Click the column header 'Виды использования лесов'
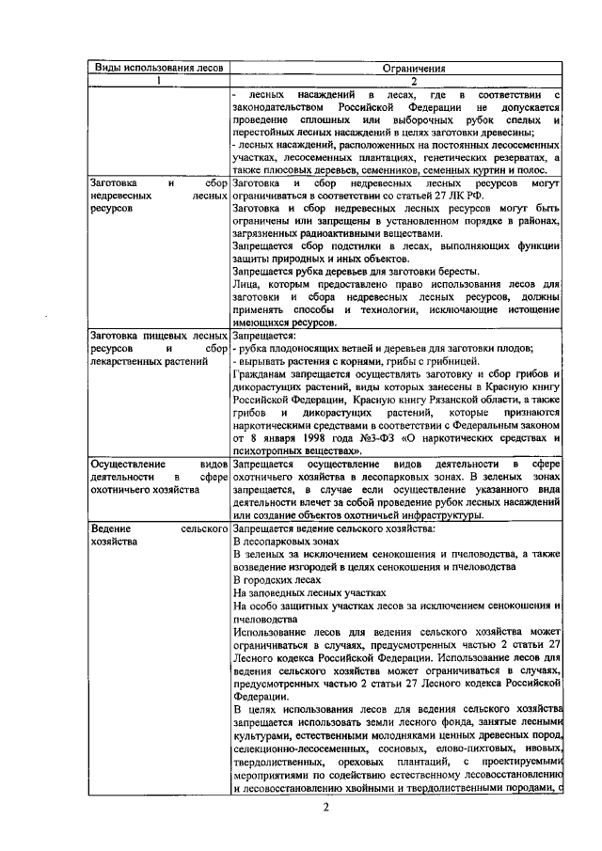pos(157,68)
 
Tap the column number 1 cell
pos(158,81)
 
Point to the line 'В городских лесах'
pos(269,581)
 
